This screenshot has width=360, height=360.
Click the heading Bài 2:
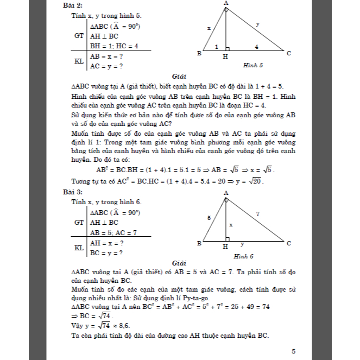[x=73, y=5]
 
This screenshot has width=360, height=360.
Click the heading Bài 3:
[x=73, y=192]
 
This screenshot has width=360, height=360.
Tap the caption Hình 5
[x=253, y=65]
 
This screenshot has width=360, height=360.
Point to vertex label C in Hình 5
[x=288, y=53]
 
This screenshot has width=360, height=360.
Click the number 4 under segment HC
[x=256, y=47]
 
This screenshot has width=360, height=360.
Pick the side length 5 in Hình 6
[x=208, y=218]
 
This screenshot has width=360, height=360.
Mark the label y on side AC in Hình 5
[x=257, y=24]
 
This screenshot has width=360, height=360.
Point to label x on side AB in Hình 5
[x=209, y=27]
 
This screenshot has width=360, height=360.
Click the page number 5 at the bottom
[x=294, y=351]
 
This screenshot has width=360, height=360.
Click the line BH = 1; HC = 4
[x=114, y=46]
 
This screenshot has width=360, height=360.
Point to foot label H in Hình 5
[x=225, y=56]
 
